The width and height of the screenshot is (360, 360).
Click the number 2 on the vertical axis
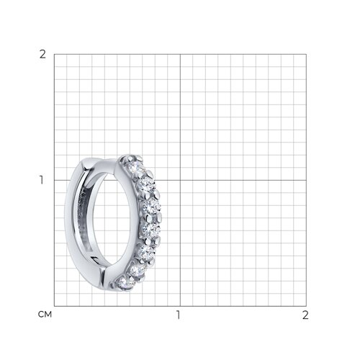(42, 55)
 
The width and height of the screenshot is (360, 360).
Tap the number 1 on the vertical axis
(42, 180)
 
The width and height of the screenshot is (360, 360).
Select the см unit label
(45, 315)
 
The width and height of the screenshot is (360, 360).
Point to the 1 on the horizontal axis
(179, 315)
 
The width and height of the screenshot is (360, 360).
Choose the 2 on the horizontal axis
(305, 315)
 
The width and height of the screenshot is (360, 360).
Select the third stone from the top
(151, 206)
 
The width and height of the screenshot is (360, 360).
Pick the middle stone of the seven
(150, 230)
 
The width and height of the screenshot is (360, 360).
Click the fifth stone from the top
(145, 251)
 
